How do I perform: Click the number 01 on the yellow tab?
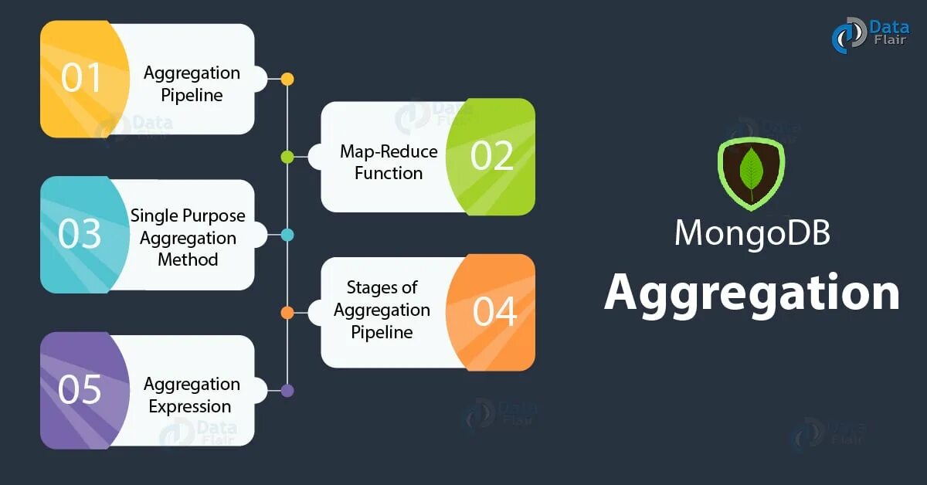(81, 78)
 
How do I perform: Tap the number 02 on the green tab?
(492, 156)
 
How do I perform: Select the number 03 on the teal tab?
(80, 234)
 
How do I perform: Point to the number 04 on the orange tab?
(494, 311)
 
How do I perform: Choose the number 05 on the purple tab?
(80, 390)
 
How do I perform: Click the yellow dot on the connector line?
(287, 79)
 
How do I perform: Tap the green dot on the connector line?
(287, 157)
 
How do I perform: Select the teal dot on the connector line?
(287, 235)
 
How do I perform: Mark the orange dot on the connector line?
(287, 313)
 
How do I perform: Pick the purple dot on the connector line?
(287, 391)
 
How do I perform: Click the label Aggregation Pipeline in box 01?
(192, 84)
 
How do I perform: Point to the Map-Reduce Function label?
(389, 162)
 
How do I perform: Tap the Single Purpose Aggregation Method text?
(188, 237)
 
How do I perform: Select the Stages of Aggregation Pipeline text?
(382, 310)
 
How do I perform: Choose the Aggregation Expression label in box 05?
(191, 395)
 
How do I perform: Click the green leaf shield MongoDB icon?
(751, 173)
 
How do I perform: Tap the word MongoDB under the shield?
(752, 232)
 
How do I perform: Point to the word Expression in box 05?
(190, 406)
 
